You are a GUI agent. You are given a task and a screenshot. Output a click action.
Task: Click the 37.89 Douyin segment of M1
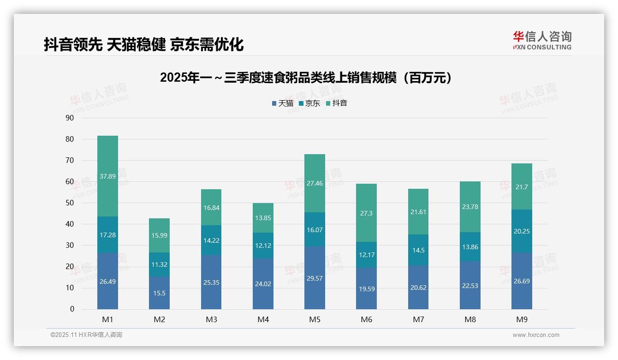point(107,176)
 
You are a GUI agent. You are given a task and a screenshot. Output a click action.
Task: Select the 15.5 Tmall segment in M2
point(159,293)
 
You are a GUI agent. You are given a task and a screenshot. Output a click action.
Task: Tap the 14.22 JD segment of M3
point(211,240)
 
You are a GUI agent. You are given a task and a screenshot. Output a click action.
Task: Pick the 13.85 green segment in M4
point(263,218)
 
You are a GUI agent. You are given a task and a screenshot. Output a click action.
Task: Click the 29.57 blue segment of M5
point(315,278)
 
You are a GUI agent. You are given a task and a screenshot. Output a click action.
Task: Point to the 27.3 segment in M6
point(366,213)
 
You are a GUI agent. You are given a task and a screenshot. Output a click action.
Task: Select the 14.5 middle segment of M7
point(418,250)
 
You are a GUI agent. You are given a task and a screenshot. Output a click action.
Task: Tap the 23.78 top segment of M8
point(470,207)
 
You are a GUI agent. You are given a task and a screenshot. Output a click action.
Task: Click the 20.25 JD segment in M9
point(522,231)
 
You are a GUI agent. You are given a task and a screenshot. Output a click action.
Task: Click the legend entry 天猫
point(283,103)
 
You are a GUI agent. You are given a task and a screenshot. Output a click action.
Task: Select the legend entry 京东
point(309,103)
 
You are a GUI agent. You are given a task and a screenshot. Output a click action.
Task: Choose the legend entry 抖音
point(337,103)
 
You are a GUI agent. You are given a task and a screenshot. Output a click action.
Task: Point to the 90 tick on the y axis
point(70,118)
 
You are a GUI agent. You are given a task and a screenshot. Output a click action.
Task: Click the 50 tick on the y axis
point(70,203)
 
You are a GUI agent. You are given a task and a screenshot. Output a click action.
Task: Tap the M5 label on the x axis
point(315,319)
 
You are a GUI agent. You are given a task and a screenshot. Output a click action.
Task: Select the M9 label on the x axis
point(522,319)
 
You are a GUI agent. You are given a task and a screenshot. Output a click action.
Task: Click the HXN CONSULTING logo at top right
point(542,40)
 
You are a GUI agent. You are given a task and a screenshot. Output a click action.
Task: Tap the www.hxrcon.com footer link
point(536,335)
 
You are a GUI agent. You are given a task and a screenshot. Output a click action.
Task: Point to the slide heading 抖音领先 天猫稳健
point(143,44)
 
